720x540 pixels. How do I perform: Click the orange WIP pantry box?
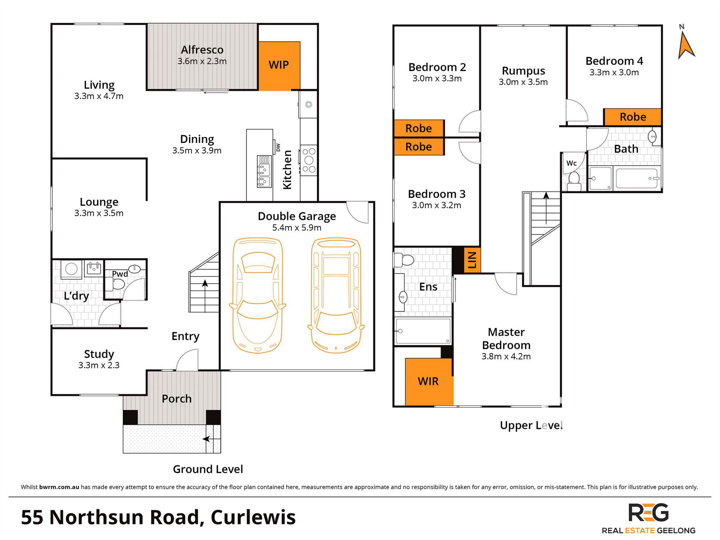coord(279,66)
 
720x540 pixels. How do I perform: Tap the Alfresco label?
coord(202,50)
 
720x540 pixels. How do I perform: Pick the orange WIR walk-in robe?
coord(429,381)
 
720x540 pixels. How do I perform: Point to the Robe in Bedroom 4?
coord(632,117)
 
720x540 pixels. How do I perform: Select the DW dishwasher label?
coord(278,147)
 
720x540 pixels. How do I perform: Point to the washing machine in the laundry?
coord(71,269)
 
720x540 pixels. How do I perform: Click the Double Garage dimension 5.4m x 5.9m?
coord(297,228)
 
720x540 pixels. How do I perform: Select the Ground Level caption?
coord(208,469)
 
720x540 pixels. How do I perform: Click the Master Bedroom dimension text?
coord(506,357)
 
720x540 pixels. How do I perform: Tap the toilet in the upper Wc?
coord(574,181)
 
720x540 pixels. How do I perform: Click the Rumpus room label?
coord(523,71)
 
